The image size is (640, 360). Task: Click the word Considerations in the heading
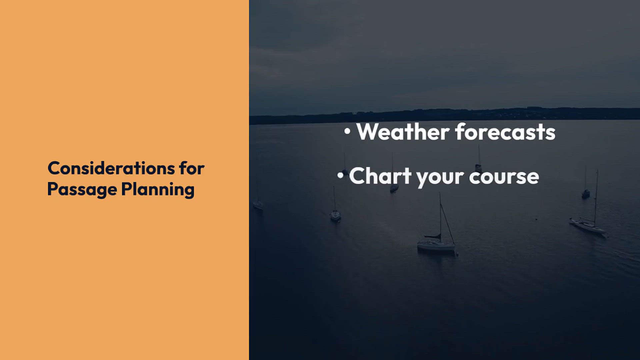pyautogui.click(x=111, y=168)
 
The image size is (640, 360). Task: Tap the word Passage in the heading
pyautogui.click(x=82, y=190)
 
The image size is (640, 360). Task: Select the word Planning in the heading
pyautogui.click(x=158, y=190)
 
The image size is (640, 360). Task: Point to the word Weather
pyautogui.click(x=403, y=132)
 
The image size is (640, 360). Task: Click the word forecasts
pyautogui.click(x=505, y=132)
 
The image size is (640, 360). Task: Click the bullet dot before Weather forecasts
pyautogui.click(x=347, y=131)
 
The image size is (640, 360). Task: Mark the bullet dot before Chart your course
pyautogui.click(x=340, y=175)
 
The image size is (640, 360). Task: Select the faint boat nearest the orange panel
pyautogui.click(x=258, y=204)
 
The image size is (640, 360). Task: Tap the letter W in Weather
pyautogui.click(x=369, y=132)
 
